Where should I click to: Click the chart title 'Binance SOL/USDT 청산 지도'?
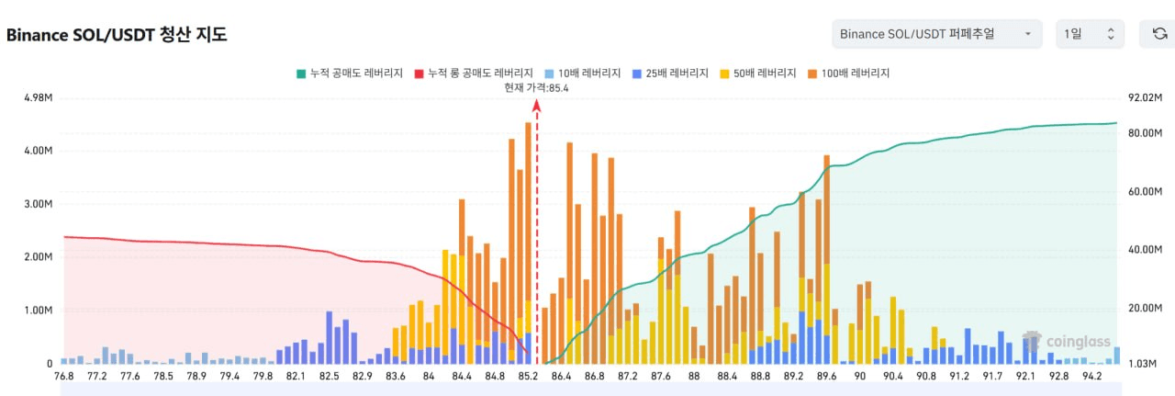coord(117,35)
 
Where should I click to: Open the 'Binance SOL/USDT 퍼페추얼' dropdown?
coord(936,34)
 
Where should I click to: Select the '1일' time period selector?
coord(1090,34)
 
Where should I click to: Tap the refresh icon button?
coord(1158,34)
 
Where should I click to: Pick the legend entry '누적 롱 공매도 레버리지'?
coord(474,73)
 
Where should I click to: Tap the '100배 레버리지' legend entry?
coord(849,73)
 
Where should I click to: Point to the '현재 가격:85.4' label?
coord(536,87)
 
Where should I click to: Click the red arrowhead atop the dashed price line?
coord(537,105)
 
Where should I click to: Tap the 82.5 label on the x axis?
coord(330,376)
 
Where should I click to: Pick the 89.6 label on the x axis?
coord(826,376)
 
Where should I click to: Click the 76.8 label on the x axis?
coord(64,376)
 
